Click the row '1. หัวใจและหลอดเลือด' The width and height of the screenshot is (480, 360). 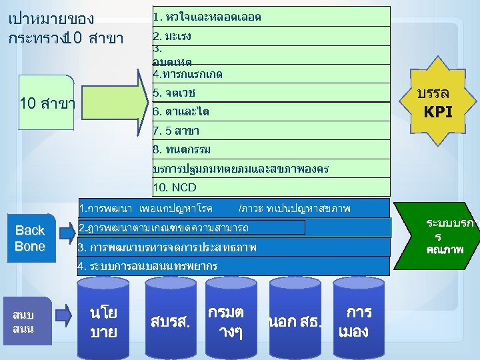tap(271, 16)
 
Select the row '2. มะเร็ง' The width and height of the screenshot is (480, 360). tap(271, 35)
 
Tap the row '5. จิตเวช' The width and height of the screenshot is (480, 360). tap(271, 92)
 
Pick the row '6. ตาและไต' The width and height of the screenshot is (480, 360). tap(271, 111)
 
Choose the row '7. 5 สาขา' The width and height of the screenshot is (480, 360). tap(271, 130)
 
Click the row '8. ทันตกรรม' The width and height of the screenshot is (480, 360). tap(271, 149)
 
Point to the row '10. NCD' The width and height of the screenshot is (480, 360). tap(271, 187)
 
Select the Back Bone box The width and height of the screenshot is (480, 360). tap(29, 238)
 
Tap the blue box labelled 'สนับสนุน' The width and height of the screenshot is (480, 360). tap(27, 321)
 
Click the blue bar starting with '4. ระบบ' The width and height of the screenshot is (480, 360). tap(233, 267)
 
